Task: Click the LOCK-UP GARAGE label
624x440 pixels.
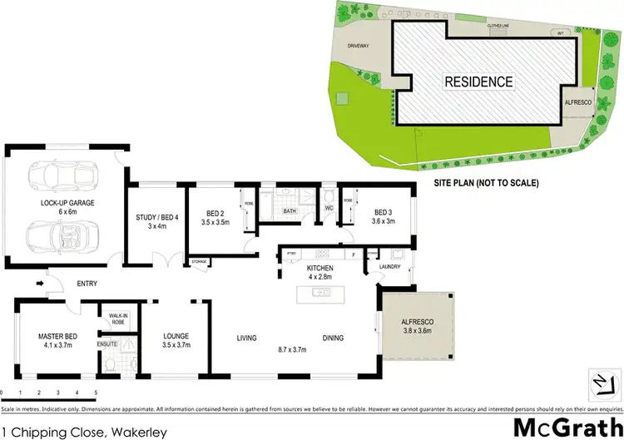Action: [63, 204]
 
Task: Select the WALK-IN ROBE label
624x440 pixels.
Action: [113, 318]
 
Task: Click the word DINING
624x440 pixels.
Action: [333, 338]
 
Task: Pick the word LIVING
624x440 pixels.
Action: [246, 338]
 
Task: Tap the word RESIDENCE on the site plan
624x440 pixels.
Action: [478, 82]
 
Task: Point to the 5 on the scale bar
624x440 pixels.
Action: [97, 391]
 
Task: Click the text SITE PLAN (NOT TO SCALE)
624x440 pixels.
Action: [488, 182]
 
